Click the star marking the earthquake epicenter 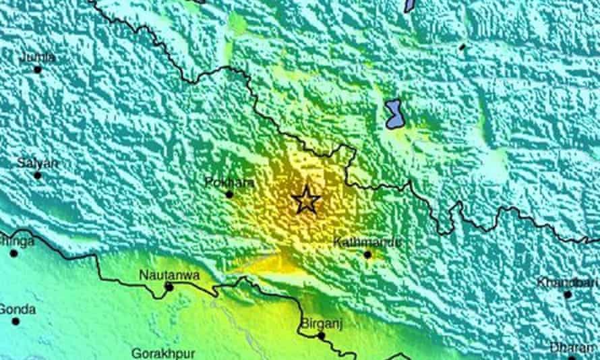pyautogui.click(x=305, y=200)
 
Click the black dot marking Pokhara pyautogui.click(x=229, y=194)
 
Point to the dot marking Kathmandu pyautogui.click(x=367, y=255)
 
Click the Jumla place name pyautogui.click(x=37, y=57)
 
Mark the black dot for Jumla pyautogui.click(x=38, y=69)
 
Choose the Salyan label pyautogui.click(x=38, y=163)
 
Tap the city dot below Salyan pyautogui.click(x=38, y=175)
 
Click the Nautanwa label pyautogui.click(x=160, y=274)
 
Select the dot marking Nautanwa pyautogui.click(x=169, y=287)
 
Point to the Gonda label pyautogui.click(x=17, y=309)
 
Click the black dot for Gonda pyautogui.click(x=16, y=321)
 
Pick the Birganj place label pyautogui.click(x=320, y=323)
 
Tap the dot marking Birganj pyautogui.click(x=322, y=335)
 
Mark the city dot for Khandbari pyautogui.click(x=568, y=295)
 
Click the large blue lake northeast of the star pyautogui.click(x=394, y=114)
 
